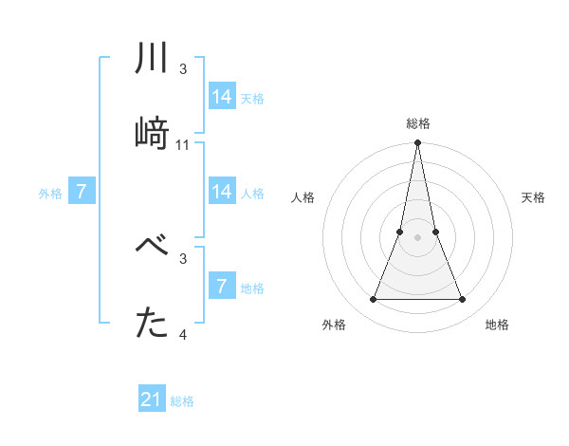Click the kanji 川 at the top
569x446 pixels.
(x=153, y=60)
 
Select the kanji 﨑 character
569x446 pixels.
(x=153, y=133)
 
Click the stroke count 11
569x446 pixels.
(x=183, y=145)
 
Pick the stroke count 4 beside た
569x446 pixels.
(x=183, y=335)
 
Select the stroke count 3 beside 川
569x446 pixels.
(x=183, y=69)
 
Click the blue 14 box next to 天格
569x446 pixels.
(x=222, y=97)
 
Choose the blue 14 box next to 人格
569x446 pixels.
(x=222, y=192)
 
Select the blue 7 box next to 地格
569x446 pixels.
(x=222, y=287)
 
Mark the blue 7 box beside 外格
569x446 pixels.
(x=82, y=192)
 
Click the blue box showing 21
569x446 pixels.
(x=152, y=400)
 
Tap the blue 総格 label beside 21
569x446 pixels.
(x=182, y=401)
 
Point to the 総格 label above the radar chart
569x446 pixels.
(x=418, y=123)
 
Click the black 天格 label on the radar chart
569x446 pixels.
(x=533, y=197)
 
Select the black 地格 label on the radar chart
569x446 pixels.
(x=497, y=325)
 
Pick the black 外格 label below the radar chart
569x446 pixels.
(x=334, y=325)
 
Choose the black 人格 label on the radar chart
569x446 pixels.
(x=303, y=197)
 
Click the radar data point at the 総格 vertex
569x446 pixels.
(x=417, y=143)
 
